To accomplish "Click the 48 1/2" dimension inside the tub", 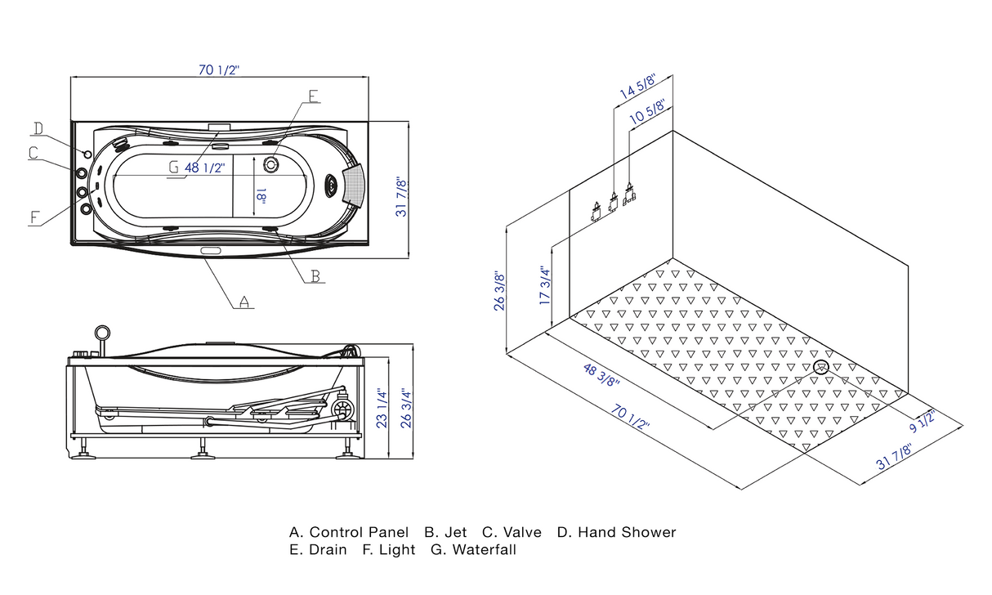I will [x=205, y=168].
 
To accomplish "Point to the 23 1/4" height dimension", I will [x=382, y=407].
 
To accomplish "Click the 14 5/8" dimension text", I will [x=638, y=86].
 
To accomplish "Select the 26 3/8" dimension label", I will [x=499, y=291].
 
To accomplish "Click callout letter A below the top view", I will [x=244, y=302].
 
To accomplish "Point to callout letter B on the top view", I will [x=315, y=276].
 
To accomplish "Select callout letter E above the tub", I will [x=313, y=96].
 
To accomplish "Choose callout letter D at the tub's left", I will [x=38, y=127].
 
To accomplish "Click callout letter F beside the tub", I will [x=35, y=217].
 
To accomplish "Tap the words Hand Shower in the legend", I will [x=627, y=533].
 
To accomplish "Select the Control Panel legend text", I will [x=359, y=533].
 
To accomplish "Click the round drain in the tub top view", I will [x=271, y=163].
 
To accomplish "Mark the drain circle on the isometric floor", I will [x=821, y=367].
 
